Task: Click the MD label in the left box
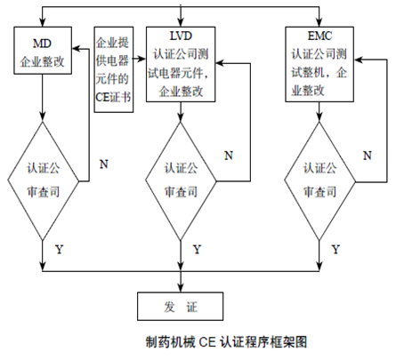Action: [x=42, y=44]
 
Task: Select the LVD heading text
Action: [x=181, y=36]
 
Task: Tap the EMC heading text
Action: [x=319, y=36]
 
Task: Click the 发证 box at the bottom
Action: [x=180, y=307]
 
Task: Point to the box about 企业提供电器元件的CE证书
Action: [x=114, y=69]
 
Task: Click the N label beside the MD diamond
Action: [x=103, y=164]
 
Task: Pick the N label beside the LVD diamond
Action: [x=229, y=156]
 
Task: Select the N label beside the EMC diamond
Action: [x=368, y=156]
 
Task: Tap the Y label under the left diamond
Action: [x=60, y=250]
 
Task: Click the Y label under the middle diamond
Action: [x=198, y=250]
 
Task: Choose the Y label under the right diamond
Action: [x=335, y=250]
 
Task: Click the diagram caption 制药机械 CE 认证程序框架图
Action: [x=226, y=342]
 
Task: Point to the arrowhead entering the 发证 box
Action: [x=181, y=288]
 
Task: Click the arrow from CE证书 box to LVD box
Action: [x=140, y=59]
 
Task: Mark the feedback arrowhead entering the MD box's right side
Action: [x=77, y=49]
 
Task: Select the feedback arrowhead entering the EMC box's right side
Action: [x=359, y=60]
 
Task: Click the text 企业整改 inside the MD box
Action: [x=42, y=62]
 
